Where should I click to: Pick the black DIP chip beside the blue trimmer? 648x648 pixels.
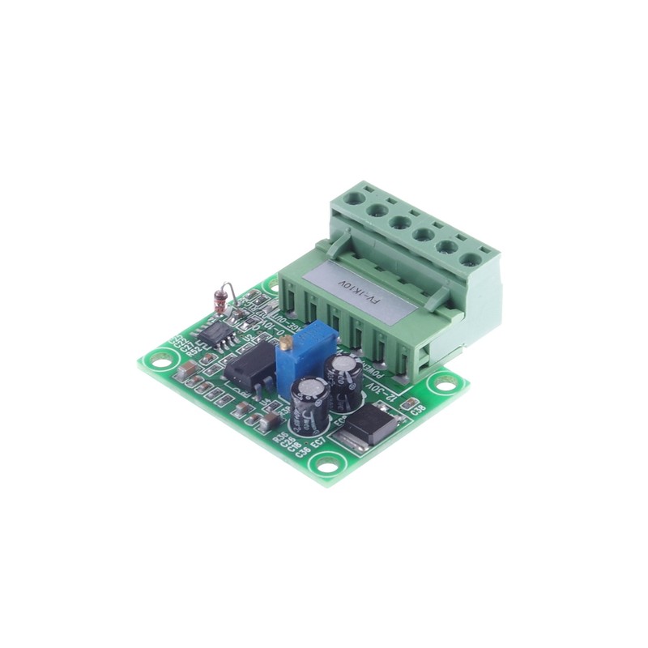[248, 368]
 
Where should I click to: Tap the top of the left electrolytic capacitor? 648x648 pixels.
[310, 387]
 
